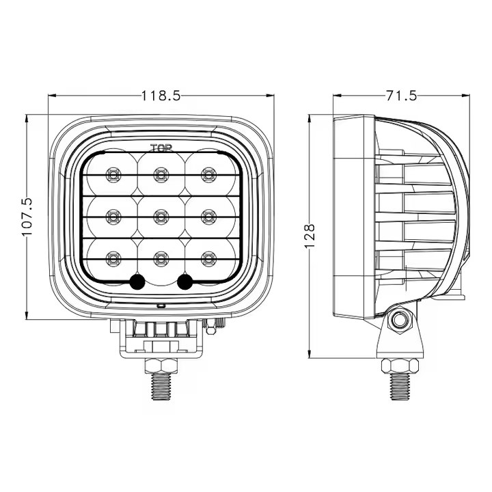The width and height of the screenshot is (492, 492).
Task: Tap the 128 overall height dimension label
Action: click(310, 234)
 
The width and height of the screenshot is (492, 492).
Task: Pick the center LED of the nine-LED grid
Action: click(161, 217)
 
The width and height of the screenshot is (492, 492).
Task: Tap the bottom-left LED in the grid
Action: click(113, 258)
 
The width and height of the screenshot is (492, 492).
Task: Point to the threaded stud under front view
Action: click(161, 387)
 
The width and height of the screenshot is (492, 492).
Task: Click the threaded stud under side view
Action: click(398, 387)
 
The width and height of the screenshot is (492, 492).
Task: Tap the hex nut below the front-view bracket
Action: click(161, 365)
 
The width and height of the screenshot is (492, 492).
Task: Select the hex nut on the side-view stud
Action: click(398, 365)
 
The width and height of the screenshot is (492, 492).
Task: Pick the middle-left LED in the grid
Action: click(113, 217)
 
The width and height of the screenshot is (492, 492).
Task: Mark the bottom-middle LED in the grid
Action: click(161, 258)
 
